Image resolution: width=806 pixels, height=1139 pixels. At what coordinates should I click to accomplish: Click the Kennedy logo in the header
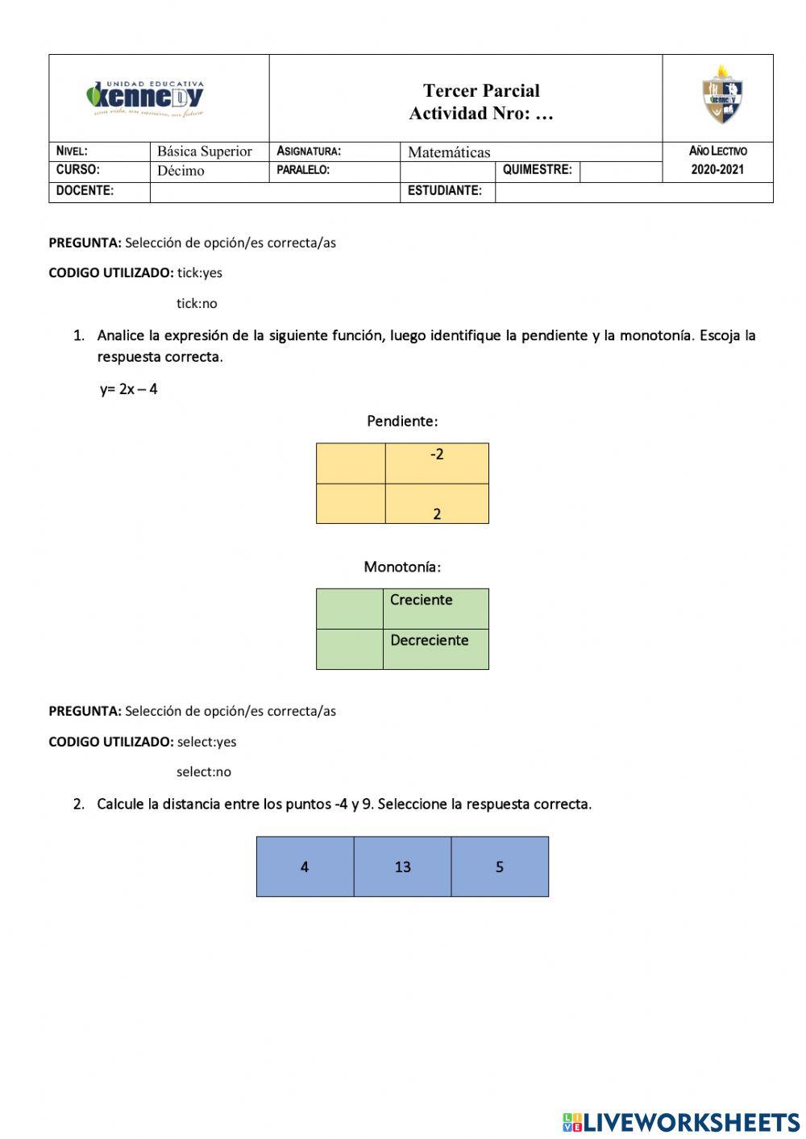(146, 98)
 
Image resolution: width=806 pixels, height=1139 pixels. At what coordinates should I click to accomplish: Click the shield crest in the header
(721, 96)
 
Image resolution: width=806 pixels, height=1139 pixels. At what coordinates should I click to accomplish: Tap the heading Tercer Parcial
(481, 90)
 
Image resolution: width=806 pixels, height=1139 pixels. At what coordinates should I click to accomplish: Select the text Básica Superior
(204, 152)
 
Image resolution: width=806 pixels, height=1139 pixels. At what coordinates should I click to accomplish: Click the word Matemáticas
(449, 152)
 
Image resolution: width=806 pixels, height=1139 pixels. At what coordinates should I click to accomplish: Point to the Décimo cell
(181, 171)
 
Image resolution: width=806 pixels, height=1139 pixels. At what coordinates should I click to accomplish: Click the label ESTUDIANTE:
(445, 191)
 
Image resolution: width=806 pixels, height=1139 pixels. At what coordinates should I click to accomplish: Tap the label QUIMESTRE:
(537, 170)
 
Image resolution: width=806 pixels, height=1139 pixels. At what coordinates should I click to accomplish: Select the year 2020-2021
(717, 170)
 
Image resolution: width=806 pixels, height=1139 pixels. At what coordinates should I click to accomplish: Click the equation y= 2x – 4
(129, 389)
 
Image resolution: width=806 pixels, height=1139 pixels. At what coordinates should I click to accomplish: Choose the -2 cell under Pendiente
(437, 463)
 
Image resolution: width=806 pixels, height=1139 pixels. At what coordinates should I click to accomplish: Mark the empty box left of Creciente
(349, 609)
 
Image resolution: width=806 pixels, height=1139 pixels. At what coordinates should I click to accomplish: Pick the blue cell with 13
(402, 867)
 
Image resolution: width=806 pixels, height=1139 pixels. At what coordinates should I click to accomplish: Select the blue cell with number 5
(500, 867)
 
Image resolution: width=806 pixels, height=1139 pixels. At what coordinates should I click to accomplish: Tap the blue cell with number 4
(305, 867)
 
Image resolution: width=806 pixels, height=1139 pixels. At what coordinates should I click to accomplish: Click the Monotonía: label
(402, 567)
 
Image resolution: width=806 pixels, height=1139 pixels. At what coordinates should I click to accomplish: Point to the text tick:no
(197, 304)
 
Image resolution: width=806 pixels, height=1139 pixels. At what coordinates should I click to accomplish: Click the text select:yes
(206, 742)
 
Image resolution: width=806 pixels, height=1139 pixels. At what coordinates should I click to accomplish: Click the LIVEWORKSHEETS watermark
(681, 1121)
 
